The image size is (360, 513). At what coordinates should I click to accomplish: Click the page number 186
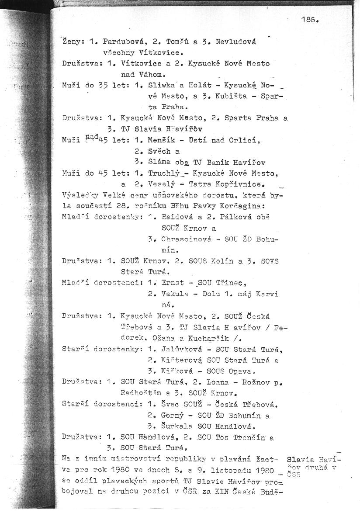point(310,20)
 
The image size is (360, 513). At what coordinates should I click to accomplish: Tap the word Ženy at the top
point(71,42)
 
